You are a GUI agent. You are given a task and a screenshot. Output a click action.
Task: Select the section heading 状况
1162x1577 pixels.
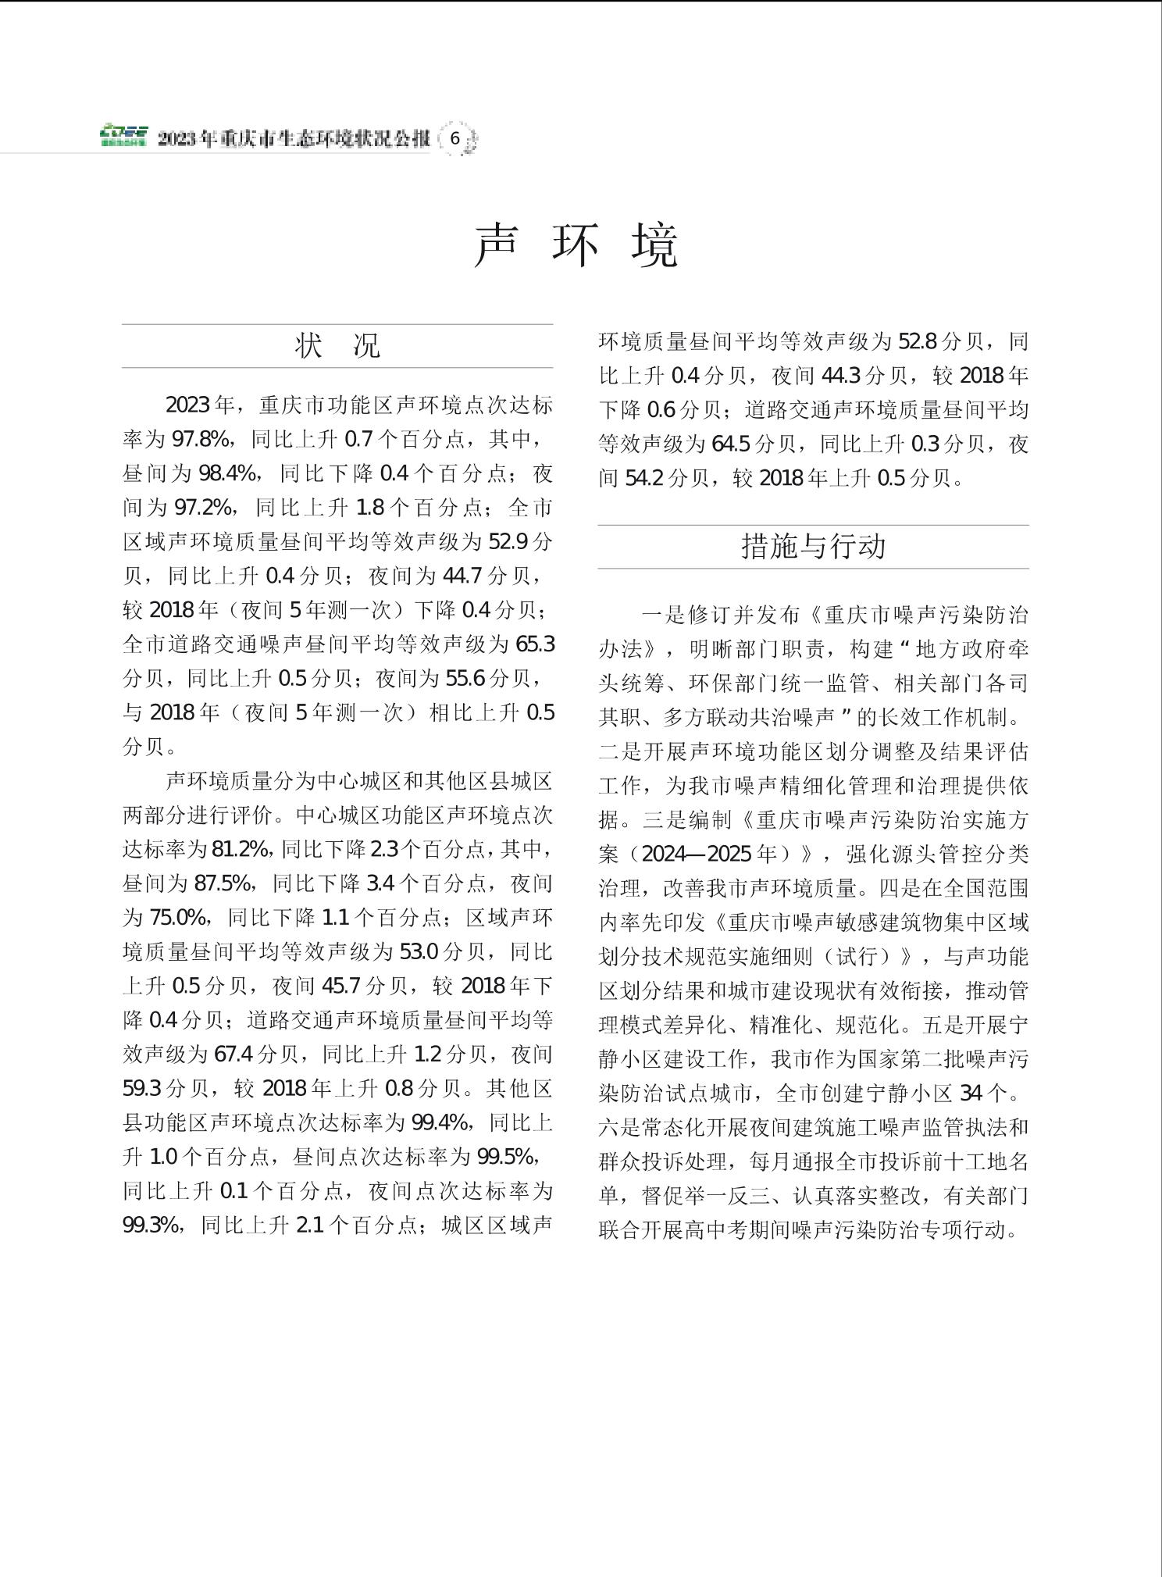pyautogui.click(x=337, y=345)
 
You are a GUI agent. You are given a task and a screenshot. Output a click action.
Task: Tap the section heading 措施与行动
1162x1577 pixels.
pyautogui.click(x=813, y=546)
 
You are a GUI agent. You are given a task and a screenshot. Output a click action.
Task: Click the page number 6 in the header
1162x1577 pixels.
pyautogui.click(x=455, y=140)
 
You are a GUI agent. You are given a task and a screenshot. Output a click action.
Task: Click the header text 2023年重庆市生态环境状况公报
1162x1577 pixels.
pyautogui.click(x=294, y=140)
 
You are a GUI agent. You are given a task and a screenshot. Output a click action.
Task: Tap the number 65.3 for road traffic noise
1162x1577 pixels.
pyautogui.click(x=535, y=644)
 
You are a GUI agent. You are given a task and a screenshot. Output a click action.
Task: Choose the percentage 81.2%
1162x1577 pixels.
pyautogui.click(x=241, y=849)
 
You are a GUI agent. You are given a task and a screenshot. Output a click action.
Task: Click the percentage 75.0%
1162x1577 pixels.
pyautogui.click(x=177, y=917)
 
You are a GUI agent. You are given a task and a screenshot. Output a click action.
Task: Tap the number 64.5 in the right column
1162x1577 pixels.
pyautogui.click(x=730, y=444)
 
